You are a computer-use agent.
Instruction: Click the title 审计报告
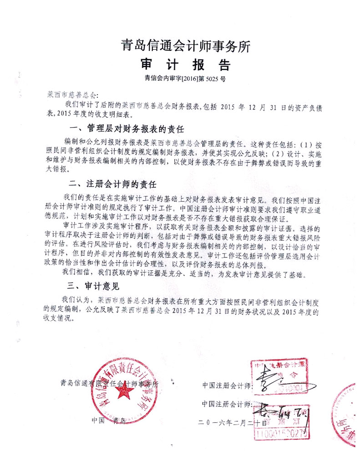pyautogui.click(x=185, y=64)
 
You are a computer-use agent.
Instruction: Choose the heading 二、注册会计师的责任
pyautogui.click(x=112, y=185)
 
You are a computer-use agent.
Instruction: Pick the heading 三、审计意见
pyautogui.click(x=93, y=286)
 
